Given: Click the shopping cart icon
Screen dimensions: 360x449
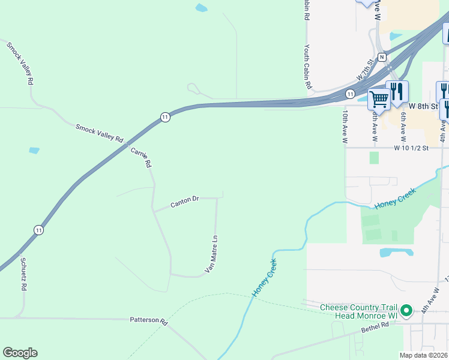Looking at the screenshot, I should pyautogui.click(x=379, y=98).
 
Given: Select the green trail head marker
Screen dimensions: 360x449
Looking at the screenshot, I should pyautogui.click(x=406, y=311).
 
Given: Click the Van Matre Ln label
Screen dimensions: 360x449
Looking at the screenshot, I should pyautogui.click(x=211, y=254).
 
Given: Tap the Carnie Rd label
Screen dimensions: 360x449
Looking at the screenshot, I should pyautogui.click(x=141, y=157).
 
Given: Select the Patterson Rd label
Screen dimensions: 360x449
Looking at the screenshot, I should pyautogui.click(x=148, y=320).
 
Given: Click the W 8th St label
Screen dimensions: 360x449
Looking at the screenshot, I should pyautogui.click(x=423, y=106).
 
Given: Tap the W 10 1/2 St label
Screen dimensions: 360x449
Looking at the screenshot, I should pyautogui.click(x=411, y=148).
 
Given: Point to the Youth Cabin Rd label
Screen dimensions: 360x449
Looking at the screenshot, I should pyautogui.click(x=307, y=67).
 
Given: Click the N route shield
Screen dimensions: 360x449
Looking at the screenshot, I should pyautogui.click(x=381, y=56).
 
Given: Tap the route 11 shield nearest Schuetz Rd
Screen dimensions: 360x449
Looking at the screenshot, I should pyautogui.click(x=38, y=230).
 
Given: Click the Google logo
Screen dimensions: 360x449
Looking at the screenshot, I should pyautogui.click(x=20, y=353).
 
